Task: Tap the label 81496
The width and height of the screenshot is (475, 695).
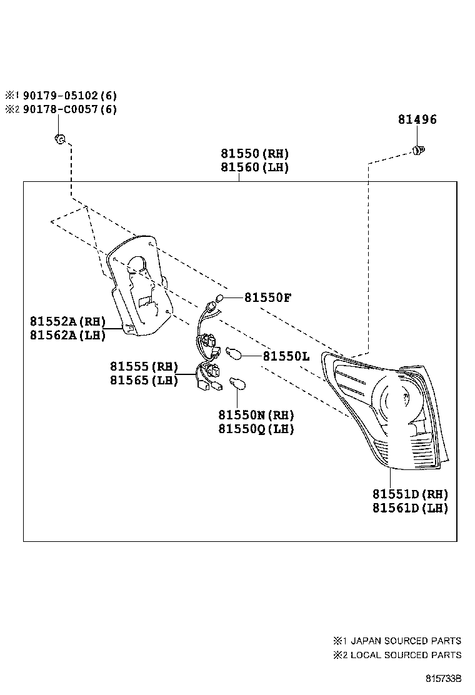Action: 417,120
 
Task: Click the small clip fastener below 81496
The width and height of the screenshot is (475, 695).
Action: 419,150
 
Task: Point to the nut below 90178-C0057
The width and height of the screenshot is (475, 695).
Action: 60,139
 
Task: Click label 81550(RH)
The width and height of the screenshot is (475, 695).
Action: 254,154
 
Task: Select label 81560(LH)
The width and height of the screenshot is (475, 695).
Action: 254,167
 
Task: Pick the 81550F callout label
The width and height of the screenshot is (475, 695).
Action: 267,297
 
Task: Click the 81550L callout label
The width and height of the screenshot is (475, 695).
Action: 286,356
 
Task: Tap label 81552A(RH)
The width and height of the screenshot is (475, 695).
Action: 67,321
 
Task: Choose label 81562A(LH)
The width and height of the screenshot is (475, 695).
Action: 67,335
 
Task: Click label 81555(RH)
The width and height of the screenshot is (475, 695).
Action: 144,366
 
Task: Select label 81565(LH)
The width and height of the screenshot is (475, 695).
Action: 144,380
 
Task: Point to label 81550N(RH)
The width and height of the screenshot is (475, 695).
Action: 256,415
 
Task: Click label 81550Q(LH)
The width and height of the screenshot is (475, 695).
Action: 256,429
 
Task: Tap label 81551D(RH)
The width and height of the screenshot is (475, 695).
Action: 411,494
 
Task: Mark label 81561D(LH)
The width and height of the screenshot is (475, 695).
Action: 411,508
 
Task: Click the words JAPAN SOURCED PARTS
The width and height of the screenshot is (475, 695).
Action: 406,641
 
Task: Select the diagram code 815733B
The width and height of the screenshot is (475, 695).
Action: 444,678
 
